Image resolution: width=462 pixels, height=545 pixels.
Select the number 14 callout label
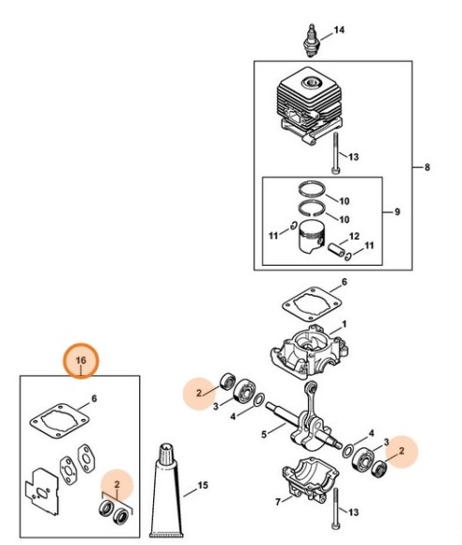pos(339,30)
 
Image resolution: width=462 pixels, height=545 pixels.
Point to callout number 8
pos(427,168)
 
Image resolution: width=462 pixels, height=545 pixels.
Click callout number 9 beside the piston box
pos(396,212)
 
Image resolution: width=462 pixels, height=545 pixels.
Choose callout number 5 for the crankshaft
pos(266,433)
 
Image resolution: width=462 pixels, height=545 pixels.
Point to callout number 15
pos(200,487)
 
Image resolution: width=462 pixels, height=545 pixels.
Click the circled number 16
pos(81,359)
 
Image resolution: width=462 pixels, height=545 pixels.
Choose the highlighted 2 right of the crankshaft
pos(403,451)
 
